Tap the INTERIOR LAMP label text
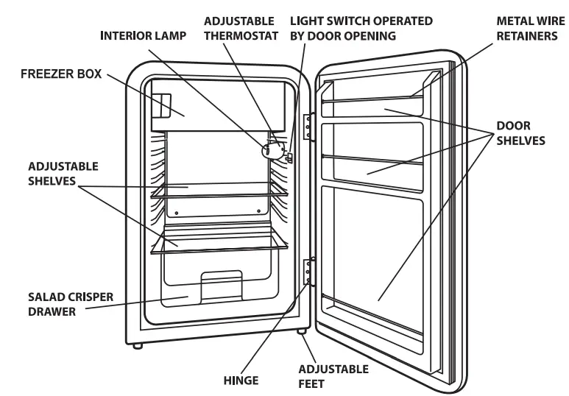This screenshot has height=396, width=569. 143,35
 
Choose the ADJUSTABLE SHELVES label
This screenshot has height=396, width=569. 52,174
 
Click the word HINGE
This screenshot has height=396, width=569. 241,381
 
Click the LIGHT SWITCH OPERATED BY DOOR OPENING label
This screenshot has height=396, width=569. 361,28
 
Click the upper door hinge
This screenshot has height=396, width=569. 309,127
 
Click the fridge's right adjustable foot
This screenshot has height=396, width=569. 302,333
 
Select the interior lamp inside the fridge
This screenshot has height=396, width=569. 270,149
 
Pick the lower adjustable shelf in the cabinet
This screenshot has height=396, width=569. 218,243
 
